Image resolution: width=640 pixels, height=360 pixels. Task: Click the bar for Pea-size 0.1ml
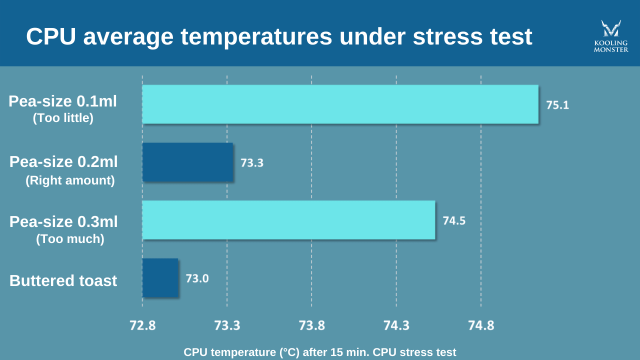(340, 104)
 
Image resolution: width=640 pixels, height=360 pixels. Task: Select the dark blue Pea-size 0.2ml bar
(187, 162)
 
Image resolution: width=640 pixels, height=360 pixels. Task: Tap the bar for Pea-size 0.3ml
(288, 220)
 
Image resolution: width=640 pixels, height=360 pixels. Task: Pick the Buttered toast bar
(160, 278)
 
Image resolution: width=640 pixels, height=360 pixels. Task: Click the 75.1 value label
(557, 105)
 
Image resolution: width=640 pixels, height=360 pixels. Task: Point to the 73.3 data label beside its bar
(252, 162)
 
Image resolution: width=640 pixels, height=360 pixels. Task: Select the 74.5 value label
(454, 220)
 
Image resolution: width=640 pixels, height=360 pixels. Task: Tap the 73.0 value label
(197, 278)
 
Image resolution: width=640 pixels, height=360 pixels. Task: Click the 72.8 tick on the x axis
(142, 325)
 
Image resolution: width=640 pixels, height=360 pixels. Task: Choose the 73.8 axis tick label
(311, 325)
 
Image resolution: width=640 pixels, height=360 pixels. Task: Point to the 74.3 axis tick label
(396, 325)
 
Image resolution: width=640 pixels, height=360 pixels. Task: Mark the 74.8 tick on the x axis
(481, 325)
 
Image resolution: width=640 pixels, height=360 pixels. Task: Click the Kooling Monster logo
(611, 36)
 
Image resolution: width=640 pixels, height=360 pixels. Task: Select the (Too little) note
(63, 118)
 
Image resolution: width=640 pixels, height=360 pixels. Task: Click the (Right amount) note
(70, 180)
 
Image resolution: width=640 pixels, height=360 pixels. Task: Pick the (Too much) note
(70, 239)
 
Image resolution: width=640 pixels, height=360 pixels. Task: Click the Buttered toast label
(63, 280)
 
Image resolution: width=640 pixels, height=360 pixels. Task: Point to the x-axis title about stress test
(320, 352)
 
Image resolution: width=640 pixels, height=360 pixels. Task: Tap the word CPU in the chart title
(51, 36)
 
